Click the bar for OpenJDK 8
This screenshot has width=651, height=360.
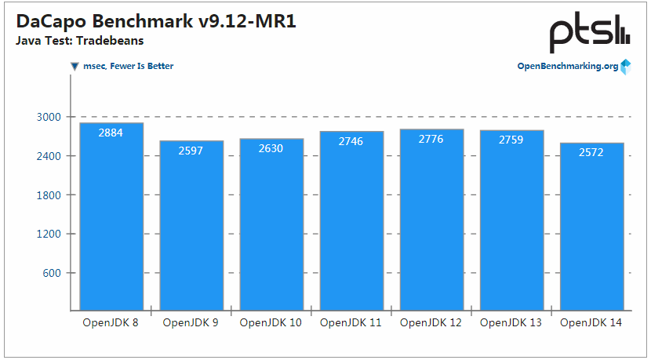(x=111, y=216)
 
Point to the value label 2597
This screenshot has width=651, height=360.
(x=191, y=151)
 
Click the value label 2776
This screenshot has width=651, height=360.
(x=431, y=139)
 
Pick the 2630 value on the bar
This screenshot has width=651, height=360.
(x=271, y=148)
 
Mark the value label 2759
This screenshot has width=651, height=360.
(x=511, y=140)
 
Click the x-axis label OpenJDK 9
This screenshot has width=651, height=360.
(x=191, y=322)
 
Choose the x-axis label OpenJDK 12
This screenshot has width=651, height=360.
(x=431, y=322)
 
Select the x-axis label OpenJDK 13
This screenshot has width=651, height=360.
(x=511, y=322)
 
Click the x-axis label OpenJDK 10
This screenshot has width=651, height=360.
(x=271, y=322)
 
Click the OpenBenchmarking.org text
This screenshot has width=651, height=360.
(x=567, y=67)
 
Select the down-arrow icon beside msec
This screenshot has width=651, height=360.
(x=75, y=67)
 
